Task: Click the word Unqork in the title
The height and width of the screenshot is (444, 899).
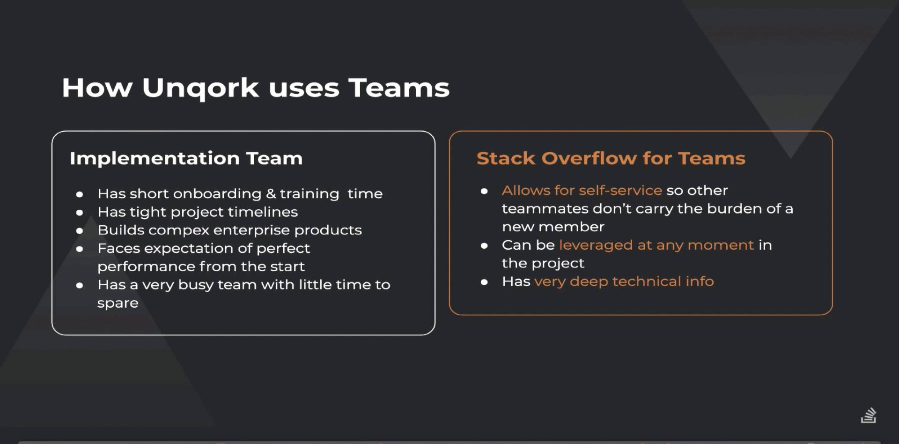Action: tap(200, 88)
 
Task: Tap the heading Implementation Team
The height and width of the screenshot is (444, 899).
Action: tap(186, 158)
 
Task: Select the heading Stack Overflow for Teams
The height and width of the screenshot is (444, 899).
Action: tap(611, 158)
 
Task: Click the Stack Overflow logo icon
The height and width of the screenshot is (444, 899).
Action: tap(869, 415)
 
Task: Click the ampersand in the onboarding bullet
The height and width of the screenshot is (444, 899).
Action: tap(271, 193)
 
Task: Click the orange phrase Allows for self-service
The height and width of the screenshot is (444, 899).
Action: tap(582, 190)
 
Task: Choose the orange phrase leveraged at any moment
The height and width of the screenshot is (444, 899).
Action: tap(656, 245)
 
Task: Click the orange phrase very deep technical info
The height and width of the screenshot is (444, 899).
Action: tap(624, 281)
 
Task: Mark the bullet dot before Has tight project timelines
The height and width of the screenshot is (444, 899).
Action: tap(80, 213)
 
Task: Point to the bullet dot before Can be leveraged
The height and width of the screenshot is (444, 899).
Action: tap(484, 245)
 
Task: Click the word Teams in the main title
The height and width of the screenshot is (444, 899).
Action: tap(398, 88)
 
